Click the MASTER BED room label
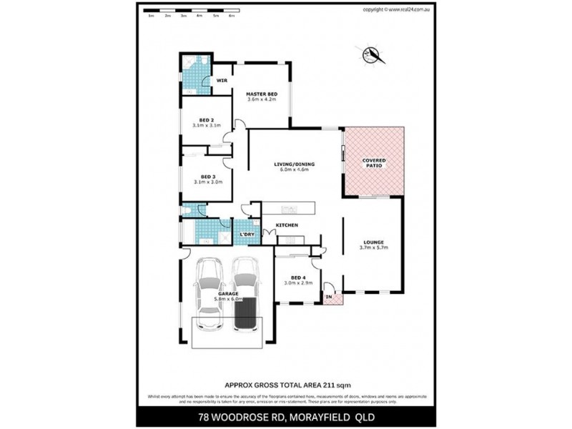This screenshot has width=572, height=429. click(262, 94)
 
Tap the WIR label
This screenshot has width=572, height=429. click(222, 81)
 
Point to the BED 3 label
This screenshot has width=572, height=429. click(207, 177)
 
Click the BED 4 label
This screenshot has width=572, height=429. click(298, 277)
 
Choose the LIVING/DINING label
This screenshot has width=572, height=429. click(294, 164)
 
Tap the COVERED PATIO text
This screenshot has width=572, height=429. click(374, 163)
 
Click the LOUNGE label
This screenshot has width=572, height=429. click(373, 242)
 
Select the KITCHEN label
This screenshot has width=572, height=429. click(287, 225)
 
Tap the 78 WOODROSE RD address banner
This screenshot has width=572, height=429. click(286, 416)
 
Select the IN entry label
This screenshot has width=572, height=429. click(330, 295)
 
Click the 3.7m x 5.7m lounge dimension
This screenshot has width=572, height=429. click(373, 248)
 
